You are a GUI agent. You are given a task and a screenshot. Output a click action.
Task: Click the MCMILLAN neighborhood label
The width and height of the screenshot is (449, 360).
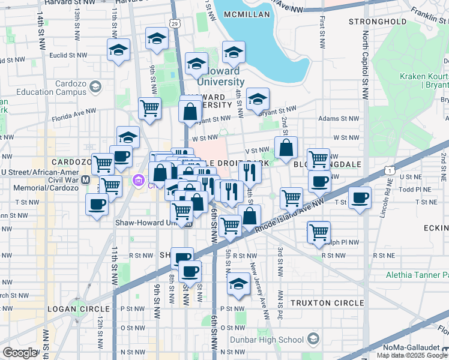point(246,14)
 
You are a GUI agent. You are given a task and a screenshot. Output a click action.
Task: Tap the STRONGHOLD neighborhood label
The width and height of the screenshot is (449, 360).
point(372,22)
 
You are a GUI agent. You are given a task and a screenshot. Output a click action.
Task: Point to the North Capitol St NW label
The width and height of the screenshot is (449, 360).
point(365,66)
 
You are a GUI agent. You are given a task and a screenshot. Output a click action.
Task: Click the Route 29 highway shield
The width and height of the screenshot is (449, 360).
point(173,23)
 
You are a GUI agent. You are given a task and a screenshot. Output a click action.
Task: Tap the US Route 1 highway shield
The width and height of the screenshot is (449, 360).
point(391,172)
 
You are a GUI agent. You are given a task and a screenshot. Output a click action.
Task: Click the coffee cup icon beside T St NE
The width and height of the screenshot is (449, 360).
point(360,198)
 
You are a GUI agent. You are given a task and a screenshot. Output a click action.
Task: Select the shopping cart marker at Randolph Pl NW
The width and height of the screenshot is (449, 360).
point(319,232)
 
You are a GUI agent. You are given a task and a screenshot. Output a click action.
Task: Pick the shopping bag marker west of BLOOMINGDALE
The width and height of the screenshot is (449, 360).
point(286,147)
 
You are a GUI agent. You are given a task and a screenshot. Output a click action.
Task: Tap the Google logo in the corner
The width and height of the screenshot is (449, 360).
point(20,353)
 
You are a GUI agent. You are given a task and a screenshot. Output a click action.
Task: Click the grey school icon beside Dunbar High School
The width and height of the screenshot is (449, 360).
point(312,340)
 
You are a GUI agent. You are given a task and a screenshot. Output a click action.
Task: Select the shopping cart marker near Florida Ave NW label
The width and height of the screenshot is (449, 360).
point(149,109)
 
